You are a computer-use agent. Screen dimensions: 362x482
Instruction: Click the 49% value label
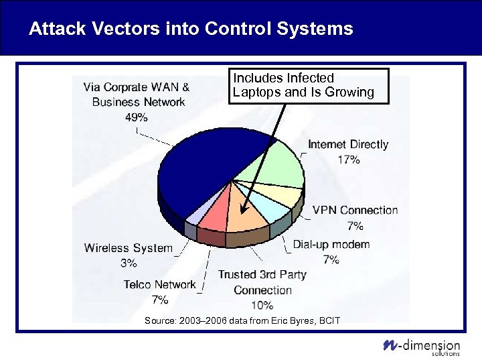(137, 117)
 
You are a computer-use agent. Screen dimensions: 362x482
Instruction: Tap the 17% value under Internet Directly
(348, 160)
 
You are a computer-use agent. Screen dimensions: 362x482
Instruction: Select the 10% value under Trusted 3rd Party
(262, 306)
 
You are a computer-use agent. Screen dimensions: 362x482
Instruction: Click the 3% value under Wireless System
(129, 263)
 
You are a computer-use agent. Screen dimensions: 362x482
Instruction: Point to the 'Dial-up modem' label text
(331, 244)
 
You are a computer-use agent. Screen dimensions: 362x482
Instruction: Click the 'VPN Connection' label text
(355, 210)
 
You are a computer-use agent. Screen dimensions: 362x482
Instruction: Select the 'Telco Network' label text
(159, 285)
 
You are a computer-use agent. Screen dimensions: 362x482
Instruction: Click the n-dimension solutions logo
(421, 345)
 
